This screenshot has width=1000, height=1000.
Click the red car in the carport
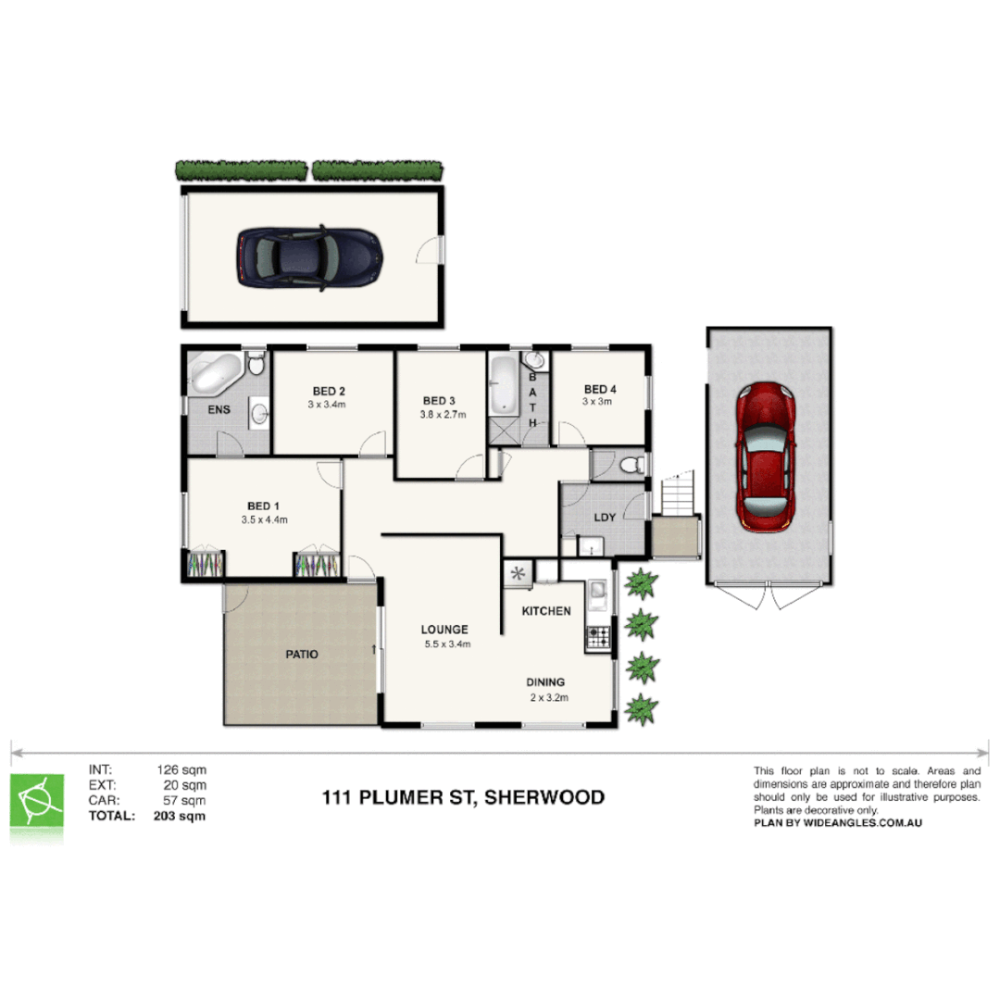[x=764, y=456]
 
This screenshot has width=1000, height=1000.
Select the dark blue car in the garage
[x=309, y=256]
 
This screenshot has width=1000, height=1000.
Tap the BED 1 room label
[x=263, y=506]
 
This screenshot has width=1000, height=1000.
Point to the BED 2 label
[x=329, y=390]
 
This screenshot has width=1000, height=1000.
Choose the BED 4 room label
[x=599, y=389]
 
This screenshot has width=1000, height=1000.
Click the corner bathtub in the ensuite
[x=215, y=375]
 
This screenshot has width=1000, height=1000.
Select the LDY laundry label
[x=605, y=518]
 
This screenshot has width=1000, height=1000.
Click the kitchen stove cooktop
[x=598, y=636]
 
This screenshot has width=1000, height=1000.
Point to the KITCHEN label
[x=546, y=611]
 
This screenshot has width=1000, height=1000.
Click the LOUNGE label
[x=444, y=630]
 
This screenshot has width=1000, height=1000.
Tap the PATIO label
[x=302, y=654]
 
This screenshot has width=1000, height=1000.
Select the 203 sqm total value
[x=180, y=817]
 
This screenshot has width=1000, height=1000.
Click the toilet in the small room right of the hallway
[x=631, y=464]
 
